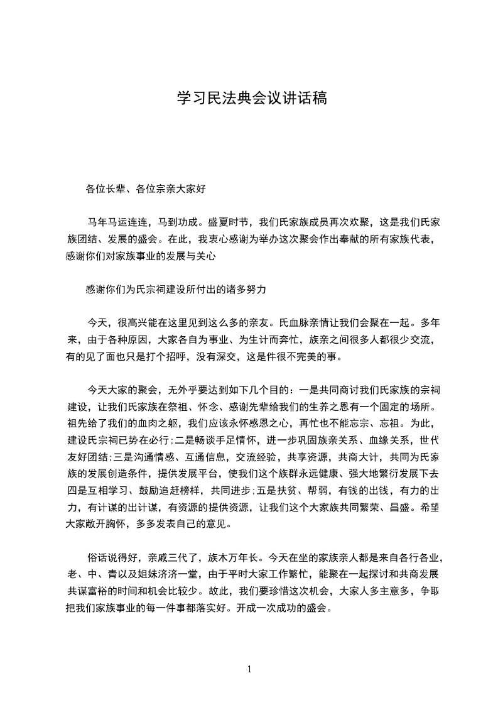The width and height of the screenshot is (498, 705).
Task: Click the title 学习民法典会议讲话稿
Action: [x=251, y=99]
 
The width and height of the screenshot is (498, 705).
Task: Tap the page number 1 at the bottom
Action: [x=249, y=669]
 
